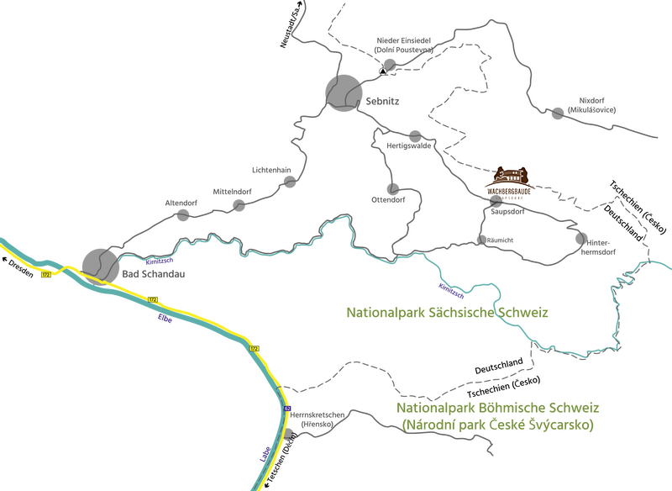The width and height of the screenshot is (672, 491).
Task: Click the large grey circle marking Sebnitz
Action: (x=344, y=92)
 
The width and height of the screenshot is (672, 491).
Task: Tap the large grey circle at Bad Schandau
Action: (x=100, y=264)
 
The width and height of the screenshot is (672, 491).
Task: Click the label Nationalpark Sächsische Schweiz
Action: (x=447, y=312)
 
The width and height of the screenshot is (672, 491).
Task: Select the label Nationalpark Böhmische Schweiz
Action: (x=498, y=408)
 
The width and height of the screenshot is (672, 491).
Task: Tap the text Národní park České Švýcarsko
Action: (x=498, y=426)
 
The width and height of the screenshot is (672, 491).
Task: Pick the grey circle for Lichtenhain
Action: (x=290, y=182)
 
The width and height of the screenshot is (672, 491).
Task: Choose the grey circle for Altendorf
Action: (x=183, y=215)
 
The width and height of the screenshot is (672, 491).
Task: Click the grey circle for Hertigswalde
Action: (x=415, y=135)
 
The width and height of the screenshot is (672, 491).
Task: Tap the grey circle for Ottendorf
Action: (x=391, y=187)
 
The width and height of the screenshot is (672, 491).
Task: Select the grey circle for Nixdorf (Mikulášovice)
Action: (x=558, y=112)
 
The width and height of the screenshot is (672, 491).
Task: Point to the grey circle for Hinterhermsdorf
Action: (x=580, y=239)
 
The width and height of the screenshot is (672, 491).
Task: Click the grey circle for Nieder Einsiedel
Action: (x=388, y=64)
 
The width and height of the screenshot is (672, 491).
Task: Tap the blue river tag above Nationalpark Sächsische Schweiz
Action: (x=452, y=292)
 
